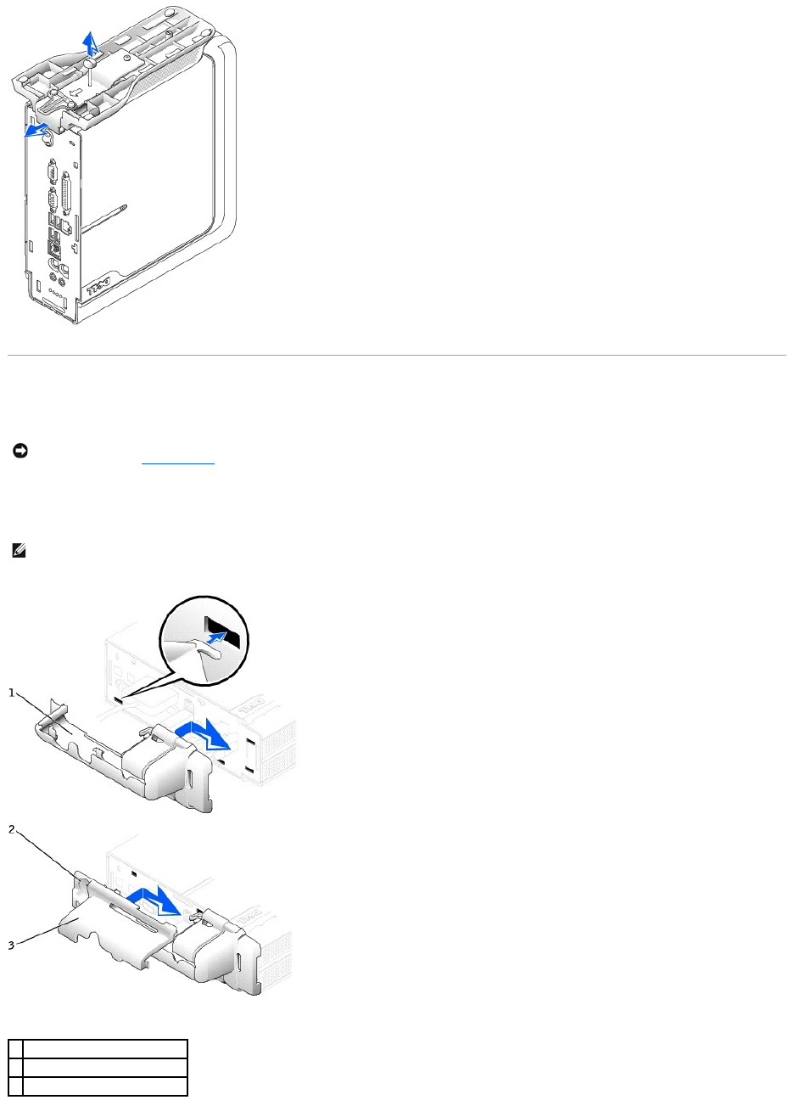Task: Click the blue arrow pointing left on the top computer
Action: pyautogui.click(x=36, y=131)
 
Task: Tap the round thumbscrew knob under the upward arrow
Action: pyautogui.click(x=91, y=61)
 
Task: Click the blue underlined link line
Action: pyautogui.click(x=177, y=464)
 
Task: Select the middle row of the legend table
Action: pyautogui.click(x=103, y=1066)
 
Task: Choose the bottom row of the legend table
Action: pyautogui.click(x=103, y=1086)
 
